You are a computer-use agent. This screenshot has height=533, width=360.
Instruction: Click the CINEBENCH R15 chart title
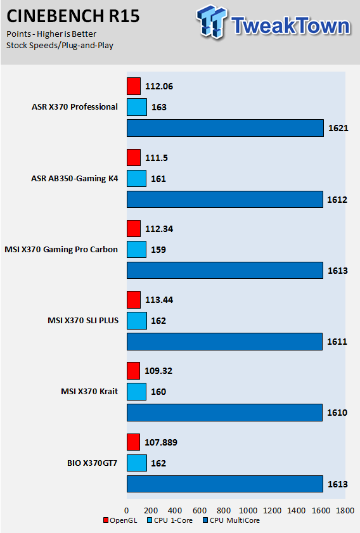73,16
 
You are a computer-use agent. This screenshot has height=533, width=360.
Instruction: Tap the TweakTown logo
273,22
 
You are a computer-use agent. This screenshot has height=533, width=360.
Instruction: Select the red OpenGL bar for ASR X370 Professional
134,86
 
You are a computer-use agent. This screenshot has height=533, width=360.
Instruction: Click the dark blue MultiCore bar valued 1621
226,128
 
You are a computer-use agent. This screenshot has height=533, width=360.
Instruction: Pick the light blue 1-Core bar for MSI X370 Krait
137,392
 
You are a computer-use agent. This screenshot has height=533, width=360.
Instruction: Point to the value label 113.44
159,300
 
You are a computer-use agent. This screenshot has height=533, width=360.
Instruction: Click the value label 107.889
161,442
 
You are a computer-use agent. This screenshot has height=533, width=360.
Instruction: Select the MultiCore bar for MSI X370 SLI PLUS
225,342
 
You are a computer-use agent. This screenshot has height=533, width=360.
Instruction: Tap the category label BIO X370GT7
92,463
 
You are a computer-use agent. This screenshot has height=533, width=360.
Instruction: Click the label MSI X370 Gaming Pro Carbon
61,250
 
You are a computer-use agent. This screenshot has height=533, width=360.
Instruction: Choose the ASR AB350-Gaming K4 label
74,179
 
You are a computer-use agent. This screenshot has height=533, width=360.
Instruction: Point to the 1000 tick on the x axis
248,510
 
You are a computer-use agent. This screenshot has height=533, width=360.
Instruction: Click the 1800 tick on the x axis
345,510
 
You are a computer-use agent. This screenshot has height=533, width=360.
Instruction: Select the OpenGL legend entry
120,520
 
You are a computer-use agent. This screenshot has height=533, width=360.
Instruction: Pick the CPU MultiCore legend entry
231,520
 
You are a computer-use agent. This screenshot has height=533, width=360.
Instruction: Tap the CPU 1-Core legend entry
170,520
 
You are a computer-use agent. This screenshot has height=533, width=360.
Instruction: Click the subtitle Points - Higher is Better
51,34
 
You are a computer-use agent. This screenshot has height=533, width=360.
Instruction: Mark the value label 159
158,250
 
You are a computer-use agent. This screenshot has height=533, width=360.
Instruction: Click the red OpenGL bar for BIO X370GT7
133,442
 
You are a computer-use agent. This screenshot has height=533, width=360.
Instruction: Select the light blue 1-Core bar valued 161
137,179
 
